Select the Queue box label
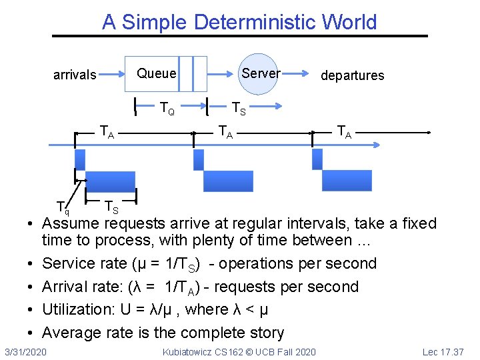click(157, 73)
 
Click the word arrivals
click(75, 75)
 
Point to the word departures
click(352, 75)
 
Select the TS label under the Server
click(239, 107)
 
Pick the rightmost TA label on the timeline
click(345, 131)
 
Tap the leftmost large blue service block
click(110, 181)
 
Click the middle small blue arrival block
click(198, 159)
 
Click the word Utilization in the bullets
click(76, 309)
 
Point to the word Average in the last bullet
click(72, 333)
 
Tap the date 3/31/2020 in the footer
click(25, 351)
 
